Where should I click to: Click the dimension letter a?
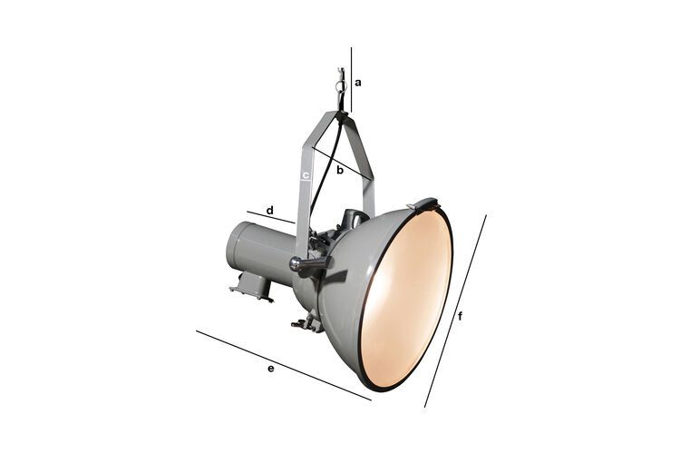point(358,82)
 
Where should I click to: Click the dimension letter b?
point(339,170)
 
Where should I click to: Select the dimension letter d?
point(269,210)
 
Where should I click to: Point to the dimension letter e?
point(271,368)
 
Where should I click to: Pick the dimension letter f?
point(461,316)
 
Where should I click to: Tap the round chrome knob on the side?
point(296,264)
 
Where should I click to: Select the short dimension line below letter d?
point(270,218)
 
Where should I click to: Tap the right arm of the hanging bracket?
point(366,173)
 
